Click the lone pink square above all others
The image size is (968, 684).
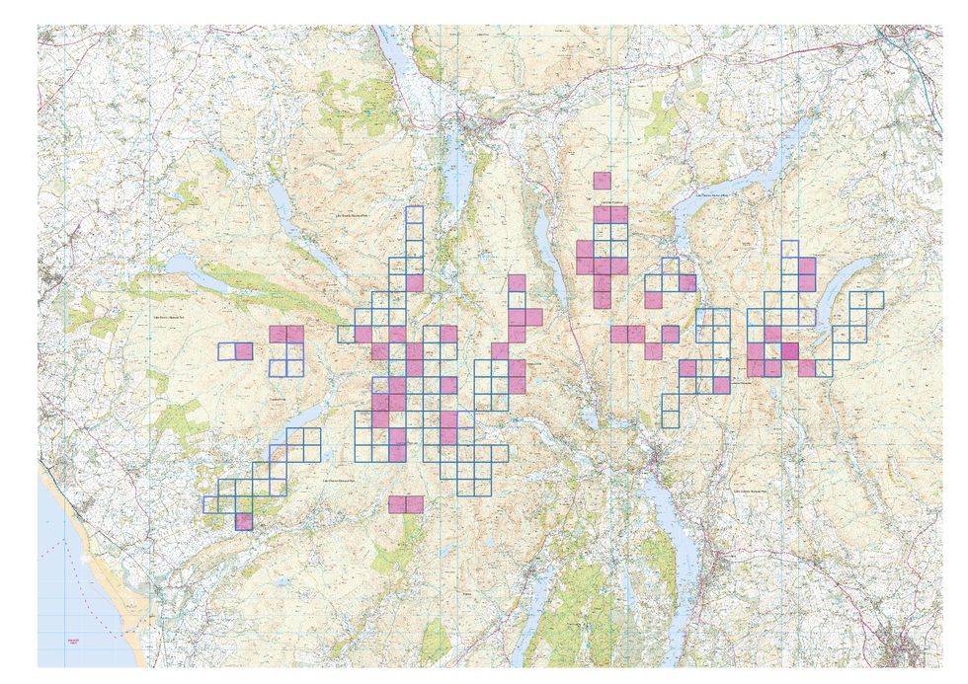pyautogui.click(x=602, y=180)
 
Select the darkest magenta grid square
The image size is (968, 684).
pyautogui.click(x=790, y=350)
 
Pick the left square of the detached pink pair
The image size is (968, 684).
pyautogui.click(x=397, y=504)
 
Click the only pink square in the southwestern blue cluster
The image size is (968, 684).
pyautogui.click(x=244, y=521)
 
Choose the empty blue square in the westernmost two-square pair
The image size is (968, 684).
pyautogui.click(x=227, y=350)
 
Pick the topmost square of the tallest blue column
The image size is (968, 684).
pyautogui.click(x=414, y=215)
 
